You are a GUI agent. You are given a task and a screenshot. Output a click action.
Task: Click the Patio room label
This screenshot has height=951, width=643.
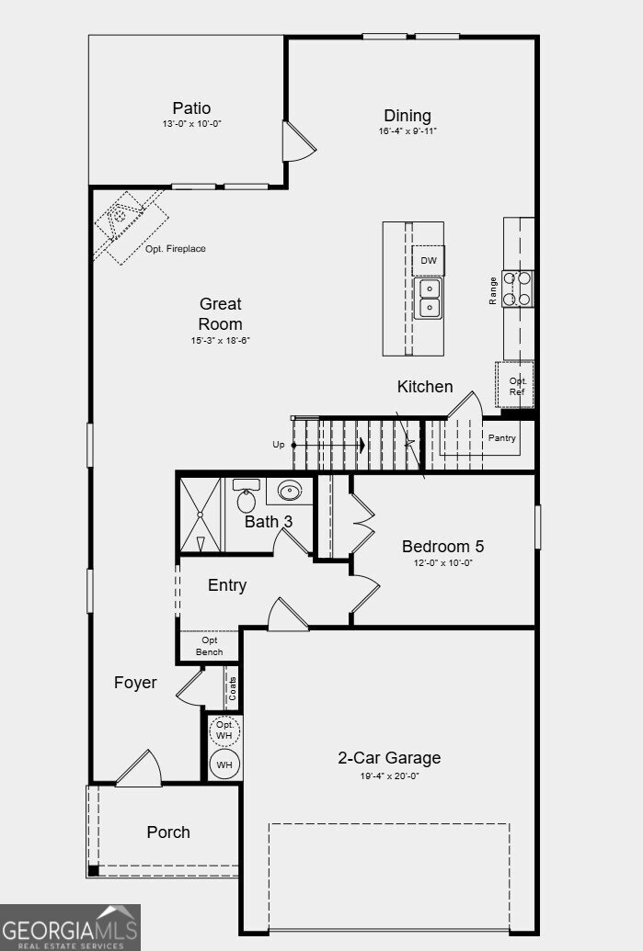pyautogui.click(x=191, y=108)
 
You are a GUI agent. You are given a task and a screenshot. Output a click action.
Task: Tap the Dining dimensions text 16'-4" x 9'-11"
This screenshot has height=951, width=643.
pyautogui.click(x=408, y=131)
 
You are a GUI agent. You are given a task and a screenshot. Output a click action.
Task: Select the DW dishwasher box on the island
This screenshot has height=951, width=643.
pyautogui.click(x=428, y=261)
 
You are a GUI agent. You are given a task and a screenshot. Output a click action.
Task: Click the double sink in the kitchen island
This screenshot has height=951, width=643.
pyautogui.click(x=428, y=299)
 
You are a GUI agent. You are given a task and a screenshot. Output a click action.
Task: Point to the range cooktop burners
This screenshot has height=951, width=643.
pyautogui.click(x=517, y=289)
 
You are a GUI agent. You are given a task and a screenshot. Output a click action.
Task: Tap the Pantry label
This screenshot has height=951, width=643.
pyautogui.click(x=501, y=438)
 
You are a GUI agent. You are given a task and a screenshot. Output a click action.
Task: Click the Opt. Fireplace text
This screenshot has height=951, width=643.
pyautogui.click(x=175, y=249)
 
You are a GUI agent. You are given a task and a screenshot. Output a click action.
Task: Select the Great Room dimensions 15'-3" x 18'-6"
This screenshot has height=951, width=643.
pyautogui.click(x=221, y=341)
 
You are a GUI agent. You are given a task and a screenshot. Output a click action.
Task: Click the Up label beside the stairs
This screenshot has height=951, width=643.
pyautogui.click(x=278, y=445)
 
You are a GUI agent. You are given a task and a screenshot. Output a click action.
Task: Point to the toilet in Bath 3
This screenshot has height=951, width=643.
pyautogui.click(x=246, y=495)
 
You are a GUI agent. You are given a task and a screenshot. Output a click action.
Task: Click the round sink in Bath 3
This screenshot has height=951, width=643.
pyautogui.click(x=290, y=490)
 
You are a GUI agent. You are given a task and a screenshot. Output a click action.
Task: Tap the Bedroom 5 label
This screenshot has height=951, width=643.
pyautogui.click(x=442, y=547)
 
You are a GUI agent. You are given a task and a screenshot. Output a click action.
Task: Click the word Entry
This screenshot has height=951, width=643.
pyautogui.click(x=227, y=585)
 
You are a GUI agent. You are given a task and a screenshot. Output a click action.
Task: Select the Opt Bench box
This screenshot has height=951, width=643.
pyautogui.click(x=209, y=647)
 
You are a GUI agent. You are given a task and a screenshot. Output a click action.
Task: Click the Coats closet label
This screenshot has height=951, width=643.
pyautogui.click(x=233, y=688)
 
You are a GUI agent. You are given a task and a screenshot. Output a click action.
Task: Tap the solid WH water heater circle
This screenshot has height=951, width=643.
pyautogui.click(x=224, y=764)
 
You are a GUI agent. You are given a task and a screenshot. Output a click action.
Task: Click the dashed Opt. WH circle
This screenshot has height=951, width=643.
pyautogui.click(x=224, y=730)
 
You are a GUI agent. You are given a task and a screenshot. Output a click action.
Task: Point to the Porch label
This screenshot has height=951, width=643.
pyautogui.click(x=168, y=832)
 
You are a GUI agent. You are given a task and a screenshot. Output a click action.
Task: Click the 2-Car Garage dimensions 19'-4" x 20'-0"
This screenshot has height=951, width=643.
pyautogui.click(x=389, y=776)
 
